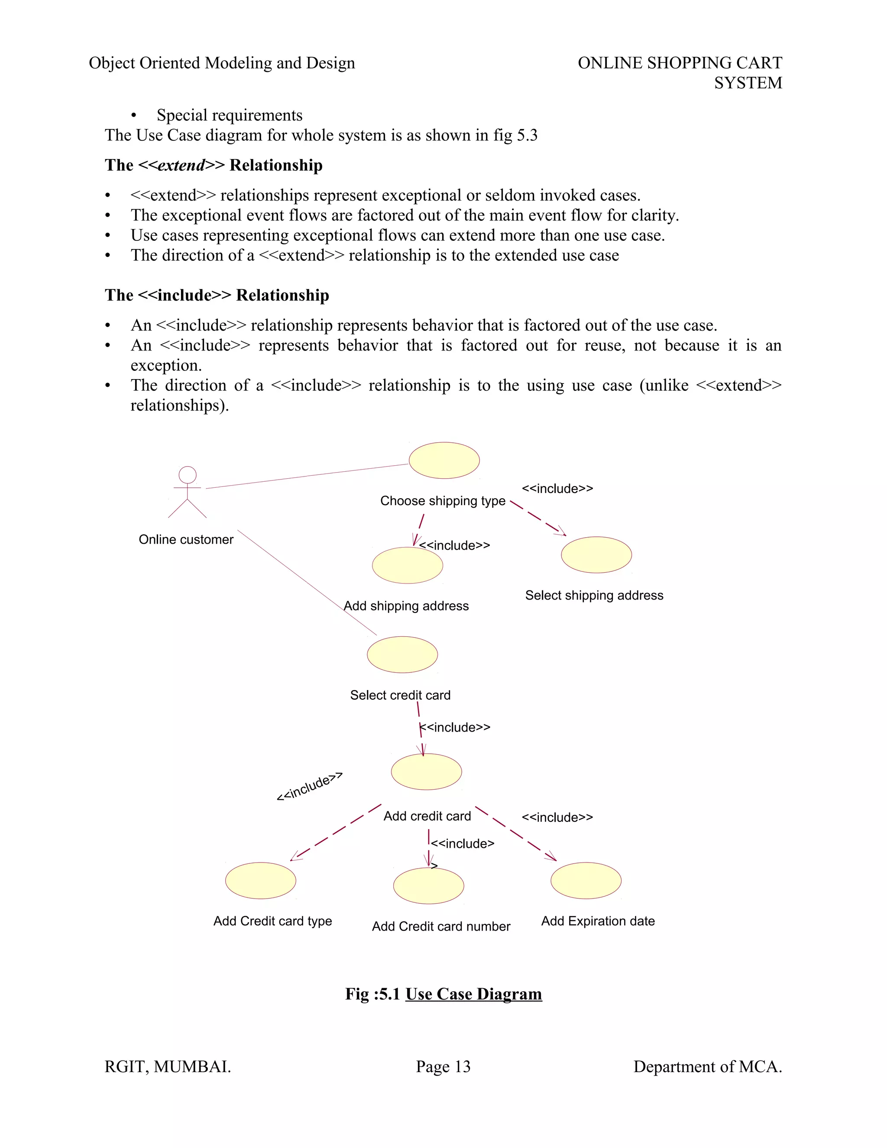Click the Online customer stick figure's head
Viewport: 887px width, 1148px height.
pyautogui.click(x=188, y=475)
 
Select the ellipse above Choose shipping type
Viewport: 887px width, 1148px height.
pyautogui.click(x=444, y=460)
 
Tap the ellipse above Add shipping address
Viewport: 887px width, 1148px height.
pyautogui.click(x=407, y=565)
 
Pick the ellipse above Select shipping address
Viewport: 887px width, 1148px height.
pyautogui.click(x=596, y=555)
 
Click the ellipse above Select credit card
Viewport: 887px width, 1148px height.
pyautogui.click(x=402, y=655)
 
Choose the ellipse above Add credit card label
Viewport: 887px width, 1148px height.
pyautogui.click(x=426, y=772)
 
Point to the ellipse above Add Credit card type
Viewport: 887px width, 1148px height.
pyautogui.click(x=261, y=880)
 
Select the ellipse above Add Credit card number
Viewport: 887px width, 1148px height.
pyautogui.click(x=428, y=886)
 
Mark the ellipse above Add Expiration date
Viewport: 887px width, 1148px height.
pyautogui.click(x=586, y=880)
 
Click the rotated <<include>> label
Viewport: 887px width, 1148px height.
pyautogui.click(x=310, y=786)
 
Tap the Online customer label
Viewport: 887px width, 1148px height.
pyautogui.click(x=186, y=539)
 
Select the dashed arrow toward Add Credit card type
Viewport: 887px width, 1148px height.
pyautogui.click(x=336, y=832)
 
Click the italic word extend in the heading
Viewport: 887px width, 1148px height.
pyautogui.click(x=181, y=165)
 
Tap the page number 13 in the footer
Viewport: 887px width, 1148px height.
pyautogui.click(x=463, y=1067)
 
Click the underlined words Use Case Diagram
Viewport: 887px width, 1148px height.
pyautogui.click(x=473, y=994)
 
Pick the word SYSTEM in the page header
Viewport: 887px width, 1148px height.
pyautogui.click(x=748, y=83)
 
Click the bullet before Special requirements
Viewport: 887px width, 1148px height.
pyautogui.click(x=134, y=116)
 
